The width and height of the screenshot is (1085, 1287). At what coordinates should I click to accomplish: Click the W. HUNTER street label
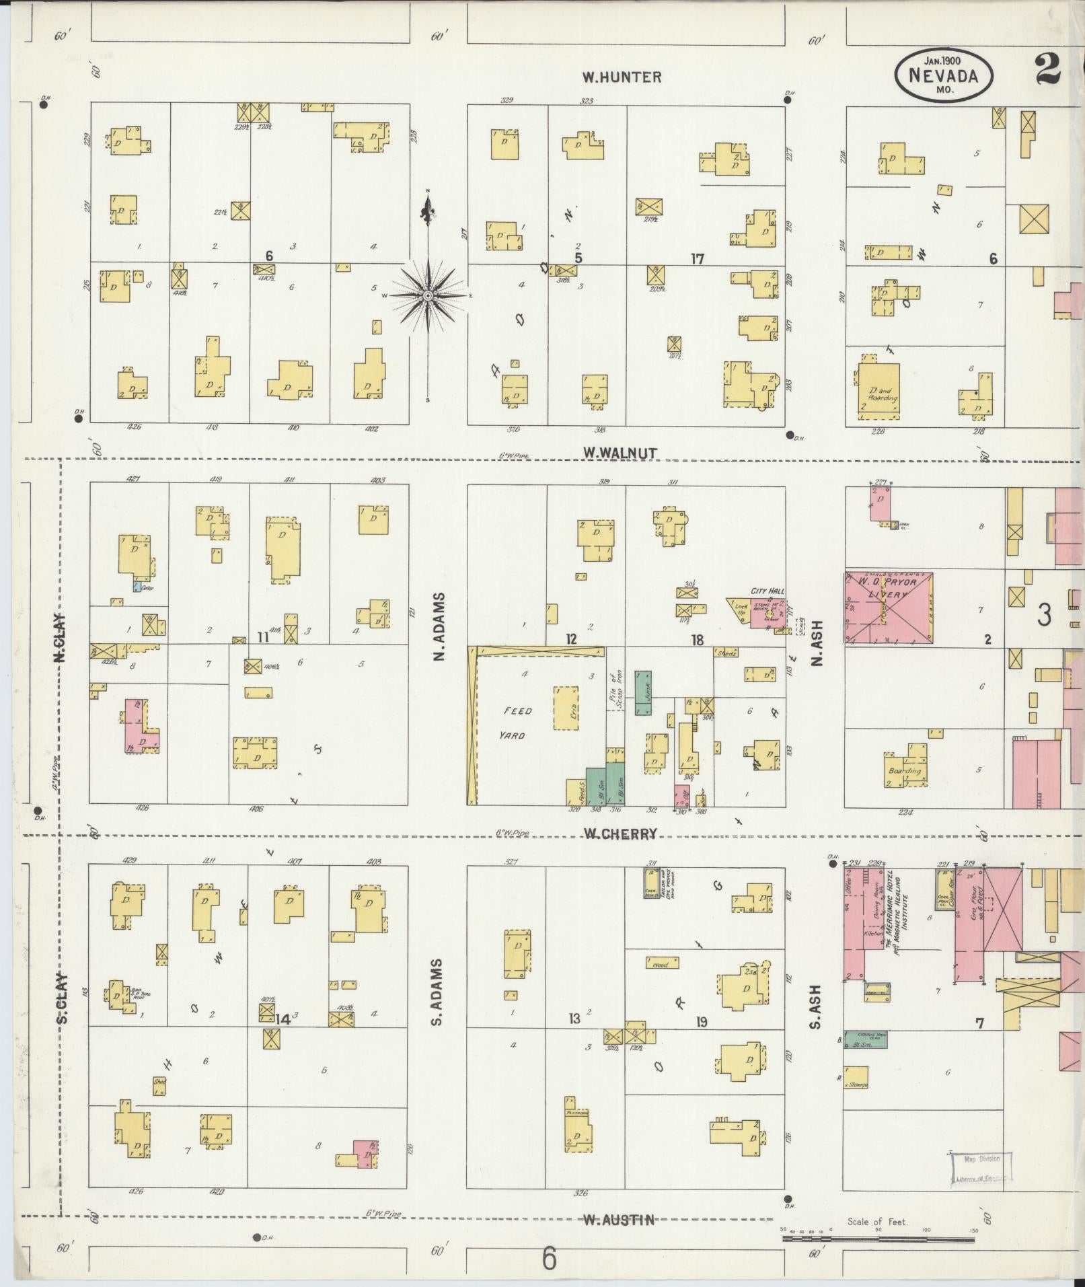(622, 77)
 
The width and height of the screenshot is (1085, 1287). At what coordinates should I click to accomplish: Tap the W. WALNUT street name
(620, 453)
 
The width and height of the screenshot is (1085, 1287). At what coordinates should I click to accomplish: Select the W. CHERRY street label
(620, 834)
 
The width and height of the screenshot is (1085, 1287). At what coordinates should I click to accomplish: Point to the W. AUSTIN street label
(618, 1220)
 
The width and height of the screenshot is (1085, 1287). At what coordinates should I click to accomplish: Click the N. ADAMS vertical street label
(440, 626)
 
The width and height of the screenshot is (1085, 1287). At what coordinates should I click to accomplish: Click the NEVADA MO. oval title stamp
(943, 75)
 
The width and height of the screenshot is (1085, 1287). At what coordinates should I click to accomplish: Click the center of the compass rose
(428, 295)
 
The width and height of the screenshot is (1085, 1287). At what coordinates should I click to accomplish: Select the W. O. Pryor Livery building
(888, 609)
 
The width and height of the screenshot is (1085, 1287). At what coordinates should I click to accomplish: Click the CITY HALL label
(768, 591)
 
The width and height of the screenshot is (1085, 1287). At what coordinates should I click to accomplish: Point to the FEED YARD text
(519, 723)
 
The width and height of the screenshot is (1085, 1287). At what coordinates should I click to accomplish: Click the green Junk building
(643, 692)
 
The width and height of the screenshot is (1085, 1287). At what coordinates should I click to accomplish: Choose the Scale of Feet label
(877, 1221)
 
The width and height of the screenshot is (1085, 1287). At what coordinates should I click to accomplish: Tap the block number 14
(281, 1019)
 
